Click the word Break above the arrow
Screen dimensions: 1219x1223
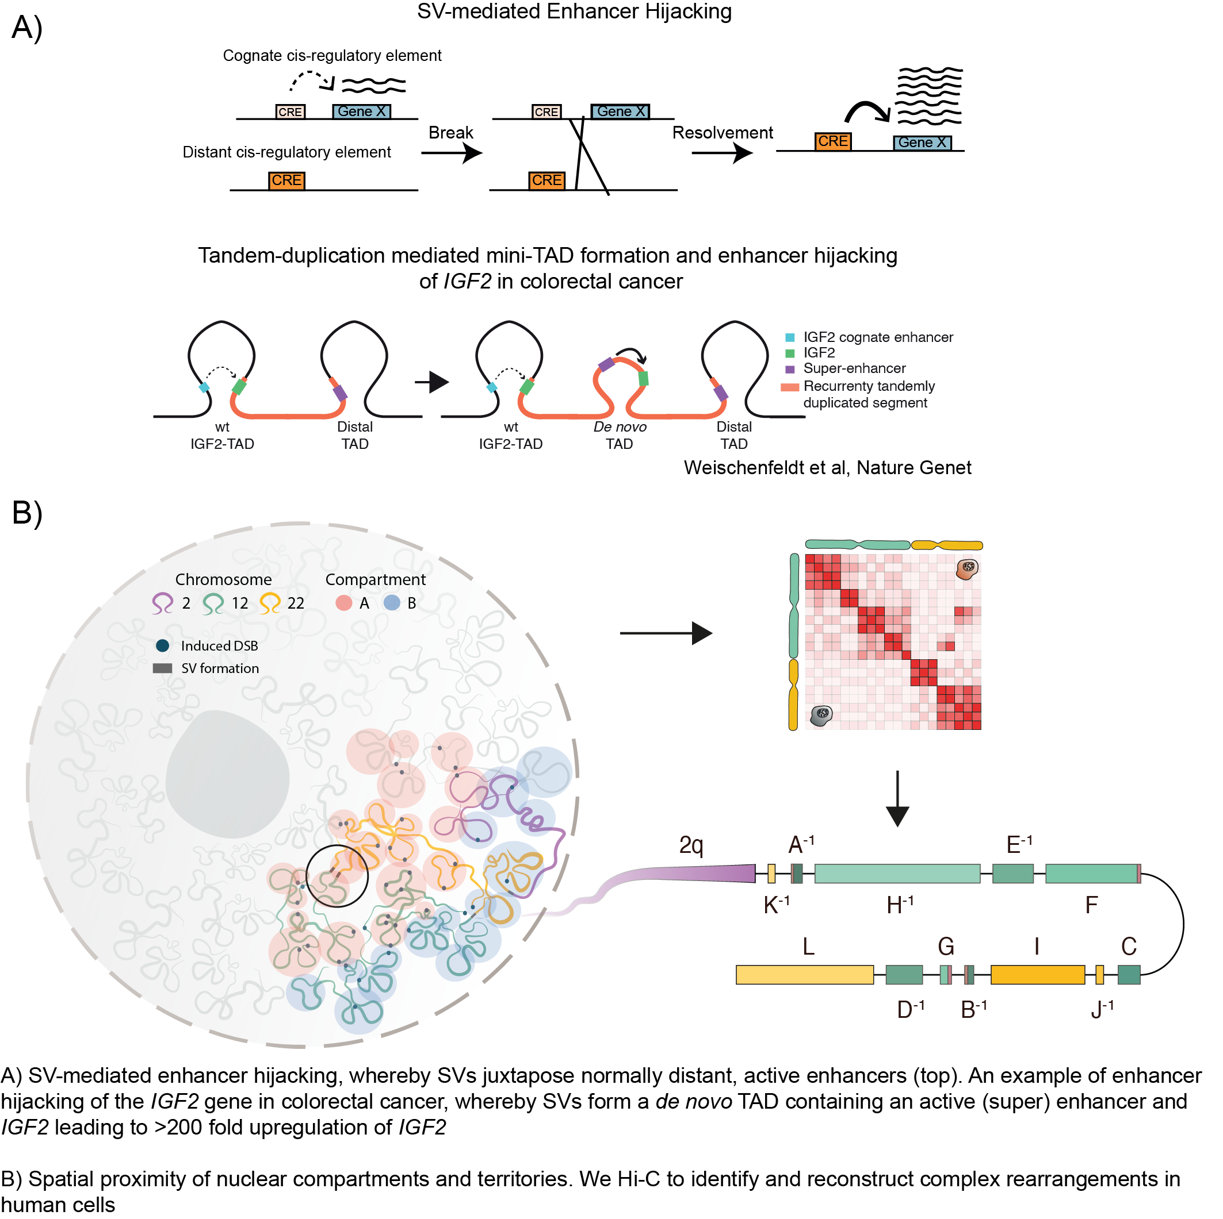pyautogui.click(x=450, y=133)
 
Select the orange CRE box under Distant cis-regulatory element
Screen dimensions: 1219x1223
pyautogui.click(x=286, y=181)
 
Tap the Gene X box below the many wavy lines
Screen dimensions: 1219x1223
pyautogui.click(x=921, y=143)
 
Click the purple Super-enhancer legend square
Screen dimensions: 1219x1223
pyautogui.click(x=789, y=370)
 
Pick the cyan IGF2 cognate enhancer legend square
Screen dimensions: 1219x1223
pyautogui.click(x=789, y=338)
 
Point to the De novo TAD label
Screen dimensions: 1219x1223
pyautogui.click(x=619, y=435)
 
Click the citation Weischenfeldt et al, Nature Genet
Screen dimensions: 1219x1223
pyautogui.click(x=827, y=467)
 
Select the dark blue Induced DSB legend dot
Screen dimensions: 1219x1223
pyautogui.click(x=162, y=645)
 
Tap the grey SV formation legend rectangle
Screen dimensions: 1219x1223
pyautogui.click(x=162, y=668)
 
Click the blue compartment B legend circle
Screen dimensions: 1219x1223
pyautogui.click(x=392, y=603)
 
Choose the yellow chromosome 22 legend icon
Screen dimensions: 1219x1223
pyautogui.click(x=270, y=603)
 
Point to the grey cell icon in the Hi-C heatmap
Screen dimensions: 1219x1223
pyautogui.click(x=821, y=716)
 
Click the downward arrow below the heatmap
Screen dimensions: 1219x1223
pyautogui.click(x=897, y=799)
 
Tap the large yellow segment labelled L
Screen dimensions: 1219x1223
pyautogui.click(x=804, y=975)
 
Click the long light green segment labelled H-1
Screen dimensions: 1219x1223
pyautogui.click(x=896, y=874)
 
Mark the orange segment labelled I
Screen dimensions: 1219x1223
pyautogui.click(x=1037, y=975)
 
